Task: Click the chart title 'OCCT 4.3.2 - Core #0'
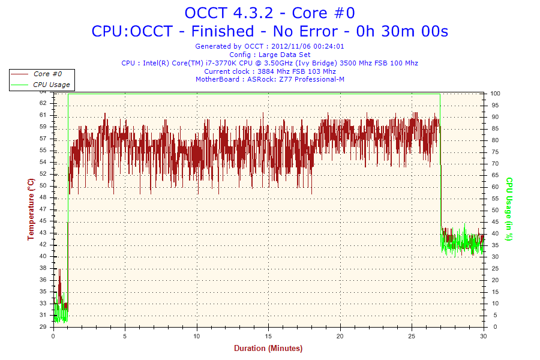[269, 13]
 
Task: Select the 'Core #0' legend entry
[47, 74]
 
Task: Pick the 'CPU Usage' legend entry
[51, 85]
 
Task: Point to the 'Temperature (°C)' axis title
[31, 209]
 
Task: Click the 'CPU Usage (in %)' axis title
[509, 209]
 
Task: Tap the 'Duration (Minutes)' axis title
[268, 348]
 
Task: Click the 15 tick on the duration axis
[268, 335]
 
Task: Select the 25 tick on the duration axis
[412, 335]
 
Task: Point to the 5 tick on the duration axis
[125, 335]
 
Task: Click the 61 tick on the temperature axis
[43, 115]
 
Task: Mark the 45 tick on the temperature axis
[43, 221]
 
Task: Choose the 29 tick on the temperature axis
[43, 327]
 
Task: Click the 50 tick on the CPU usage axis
[494, 210]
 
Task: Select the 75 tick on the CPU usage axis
[494, 152]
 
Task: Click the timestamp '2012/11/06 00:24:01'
[308, 46]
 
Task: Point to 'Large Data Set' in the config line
[287, 55]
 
